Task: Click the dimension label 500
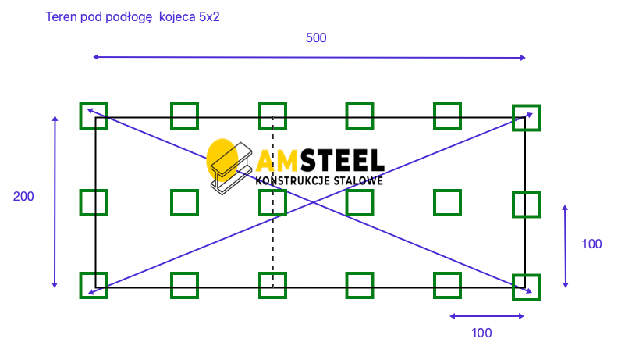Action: point(316,37)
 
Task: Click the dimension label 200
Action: point(23,196)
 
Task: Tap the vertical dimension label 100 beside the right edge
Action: point(591,244)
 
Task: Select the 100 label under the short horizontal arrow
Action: point(481,333)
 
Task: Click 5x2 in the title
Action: point(209,17)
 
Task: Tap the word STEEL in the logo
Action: point(342,161)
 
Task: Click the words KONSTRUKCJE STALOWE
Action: point(319,181)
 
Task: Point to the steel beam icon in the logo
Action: point(231,169)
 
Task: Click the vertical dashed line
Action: point(273,202)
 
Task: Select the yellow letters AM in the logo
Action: point(277,161)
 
